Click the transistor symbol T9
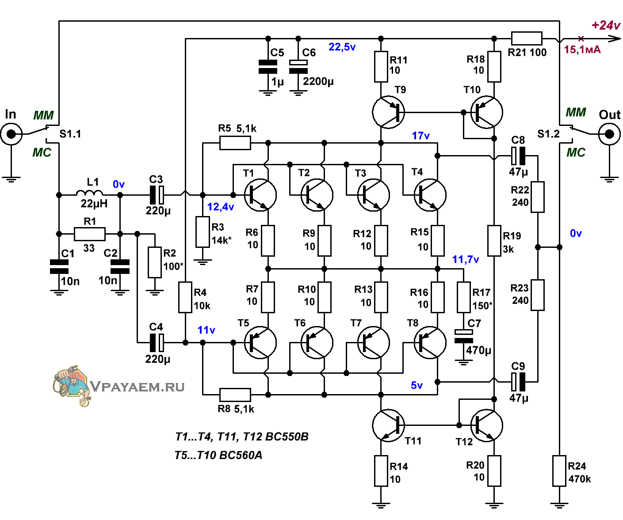388,112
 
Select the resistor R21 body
527,38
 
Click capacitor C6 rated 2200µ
298,67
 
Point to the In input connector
11,134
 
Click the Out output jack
610,134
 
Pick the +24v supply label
606,25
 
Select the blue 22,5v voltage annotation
342,47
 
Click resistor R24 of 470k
559,471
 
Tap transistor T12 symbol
486,425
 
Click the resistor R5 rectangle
235,143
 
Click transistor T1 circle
260,195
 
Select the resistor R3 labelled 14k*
203,232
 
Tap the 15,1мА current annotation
582,49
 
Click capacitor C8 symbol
518,156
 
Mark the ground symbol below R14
381,505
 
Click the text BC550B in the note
287,436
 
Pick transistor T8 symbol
430,342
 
